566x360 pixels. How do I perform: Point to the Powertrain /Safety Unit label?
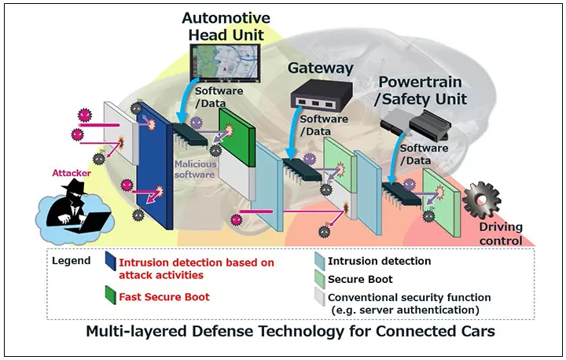click(x=423, y=91)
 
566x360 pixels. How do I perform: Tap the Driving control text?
click(x=501, y=234)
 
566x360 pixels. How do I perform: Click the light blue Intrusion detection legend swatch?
click(x=319, y=261)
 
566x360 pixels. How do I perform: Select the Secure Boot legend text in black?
click(x=361, y=279)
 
